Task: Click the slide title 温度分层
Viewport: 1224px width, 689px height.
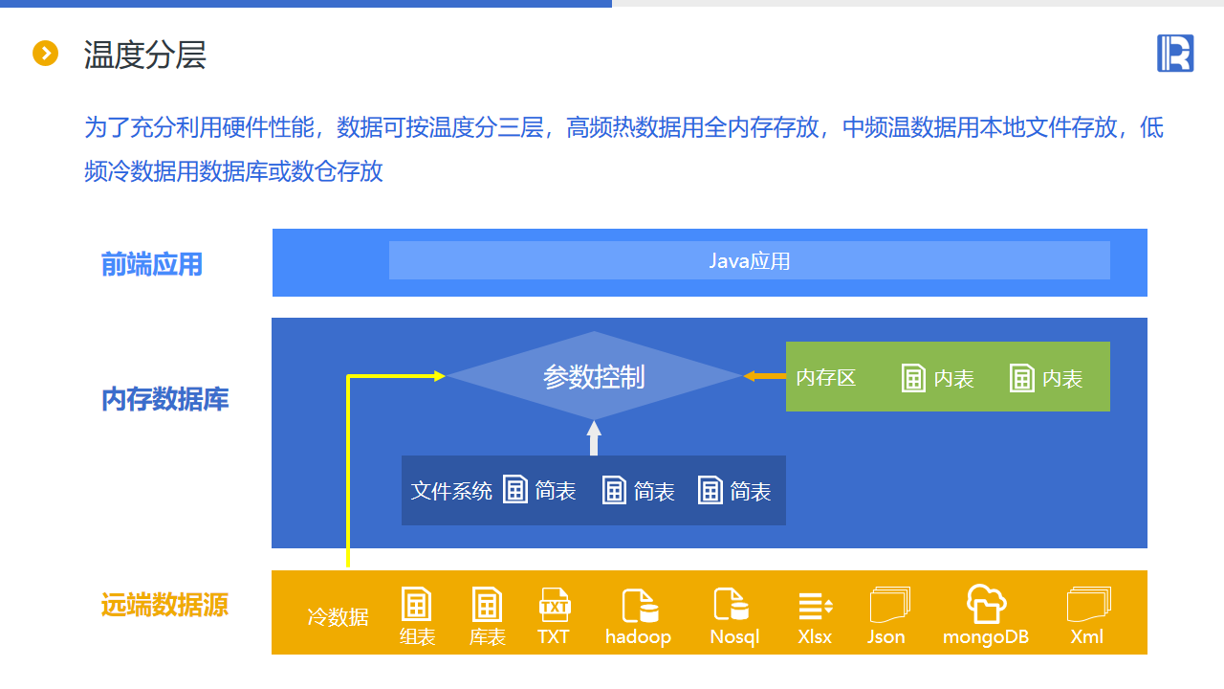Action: coord(144,55)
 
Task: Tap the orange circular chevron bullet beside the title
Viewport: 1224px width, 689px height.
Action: coord(46,54)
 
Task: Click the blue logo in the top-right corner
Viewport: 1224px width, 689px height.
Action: coord(1175,53)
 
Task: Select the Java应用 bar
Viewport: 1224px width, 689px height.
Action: coord(749,260)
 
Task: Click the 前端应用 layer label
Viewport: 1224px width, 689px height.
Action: coord(152,264)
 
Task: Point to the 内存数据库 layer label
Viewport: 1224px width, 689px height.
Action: coord(165,399)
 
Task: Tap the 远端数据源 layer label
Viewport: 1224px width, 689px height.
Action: coord(165,605)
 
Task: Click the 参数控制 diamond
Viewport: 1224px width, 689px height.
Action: coord(594,376)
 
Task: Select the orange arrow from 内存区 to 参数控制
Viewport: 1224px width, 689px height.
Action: coord(764,376)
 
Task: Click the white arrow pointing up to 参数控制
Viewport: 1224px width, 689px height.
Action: coord(594,437)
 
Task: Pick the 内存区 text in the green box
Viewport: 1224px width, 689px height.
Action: coord(826,378)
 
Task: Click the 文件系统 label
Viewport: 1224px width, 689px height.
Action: coord(451,491)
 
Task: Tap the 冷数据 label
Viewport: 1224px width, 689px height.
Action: coord(338,617)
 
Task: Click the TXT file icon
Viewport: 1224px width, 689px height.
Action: coord(554,605)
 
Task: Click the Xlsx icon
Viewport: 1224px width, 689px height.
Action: coord(815,605)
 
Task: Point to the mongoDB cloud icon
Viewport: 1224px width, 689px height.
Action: coord(986,604)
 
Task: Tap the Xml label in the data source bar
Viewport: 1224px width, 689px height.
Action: coord(1086,636)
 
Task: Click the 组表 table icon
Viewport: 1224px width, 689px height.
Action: coord(416,605)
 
